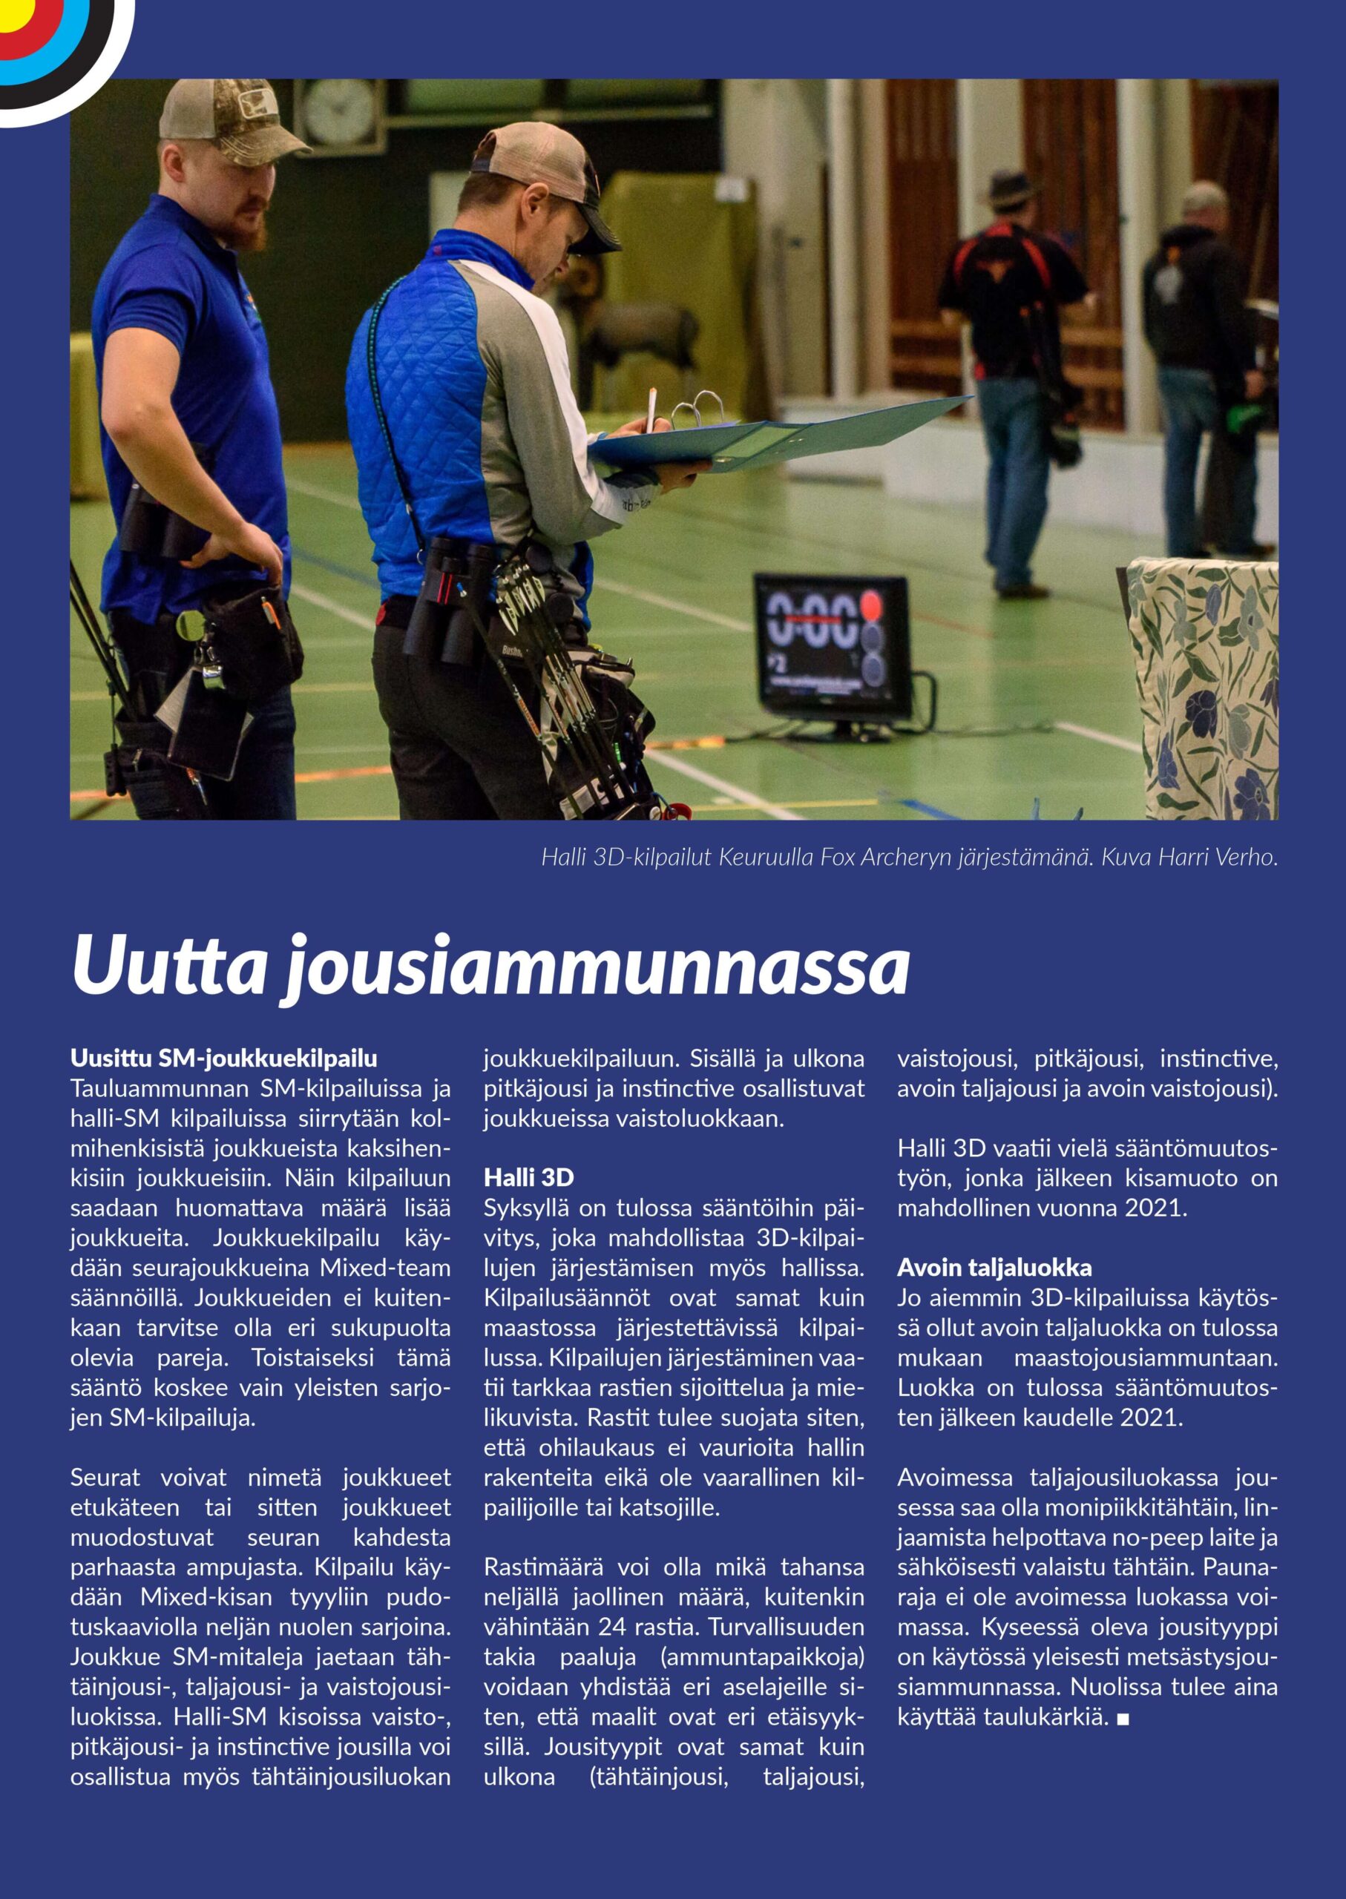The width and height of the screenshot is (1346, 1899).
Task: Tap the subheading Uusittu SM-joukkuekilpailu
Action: tap(224, 1058)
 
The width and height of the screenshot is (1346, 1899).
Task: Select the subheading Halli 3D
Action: tap(529, 1177)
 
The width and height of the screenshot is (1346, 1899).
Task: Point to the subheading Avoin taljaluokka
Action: tap(994, 1268)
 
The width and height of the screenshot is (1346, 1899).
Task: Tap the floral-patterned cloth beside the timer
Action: tap(1202, 687)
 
